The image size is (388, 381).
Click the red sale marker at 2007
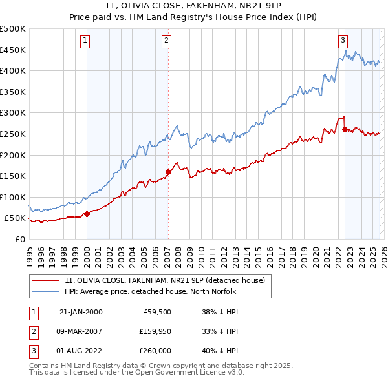click(x=168, y=172)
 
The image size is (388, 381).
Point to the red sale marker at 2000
click(x=87, y=214)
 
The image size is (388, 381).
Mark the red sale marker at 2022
click(x=345, y=129)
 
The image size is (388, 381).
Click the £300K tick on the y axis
click(x=13, y=112)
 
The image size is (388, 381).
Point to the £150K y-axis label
click(x=13, y=176)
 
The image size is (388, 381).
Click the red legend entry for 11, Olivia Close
click(x=165, y=280)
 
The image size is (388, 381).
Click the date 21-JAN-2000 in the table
click(x=81, y=311)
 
